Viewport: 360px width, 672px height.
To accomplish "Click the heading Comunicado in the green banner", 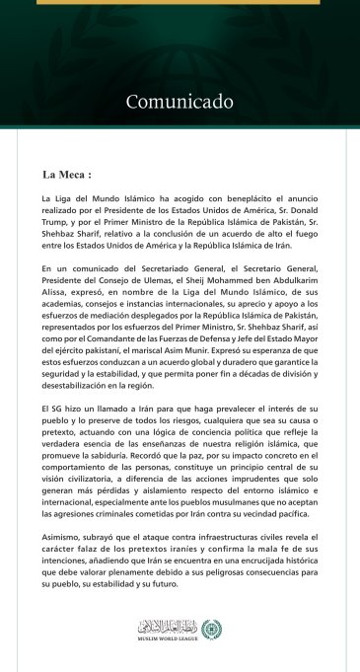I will click(x=179, y=101).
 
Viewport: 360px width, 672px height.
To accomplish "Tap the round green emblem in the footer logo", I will click(x=205, y=628).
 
